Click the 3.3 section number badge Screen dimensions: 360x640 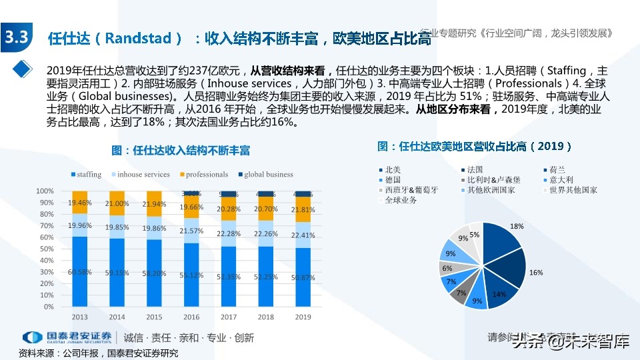[16, 38]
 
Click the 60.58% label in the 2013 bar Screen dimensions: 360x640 [80, 272]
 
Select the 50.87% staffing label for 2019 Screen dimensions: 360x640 [303, 277]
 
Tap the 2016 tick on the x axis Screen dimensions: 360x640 [191, 317]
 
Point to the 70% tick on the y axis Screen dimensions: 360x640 [46, 226]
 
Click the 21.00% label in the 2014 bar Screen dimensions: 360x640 [117, 203]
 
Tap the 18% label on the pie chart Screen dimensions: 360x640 [517, 227]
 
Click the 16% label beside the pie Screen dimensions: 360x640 [536, 273]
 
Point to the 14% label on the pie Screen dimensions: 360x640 [499, 294]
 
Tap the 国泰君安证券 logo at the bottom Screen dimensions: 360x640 [67, 337]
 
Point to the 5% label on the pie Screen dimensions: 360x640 [474, 235]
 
